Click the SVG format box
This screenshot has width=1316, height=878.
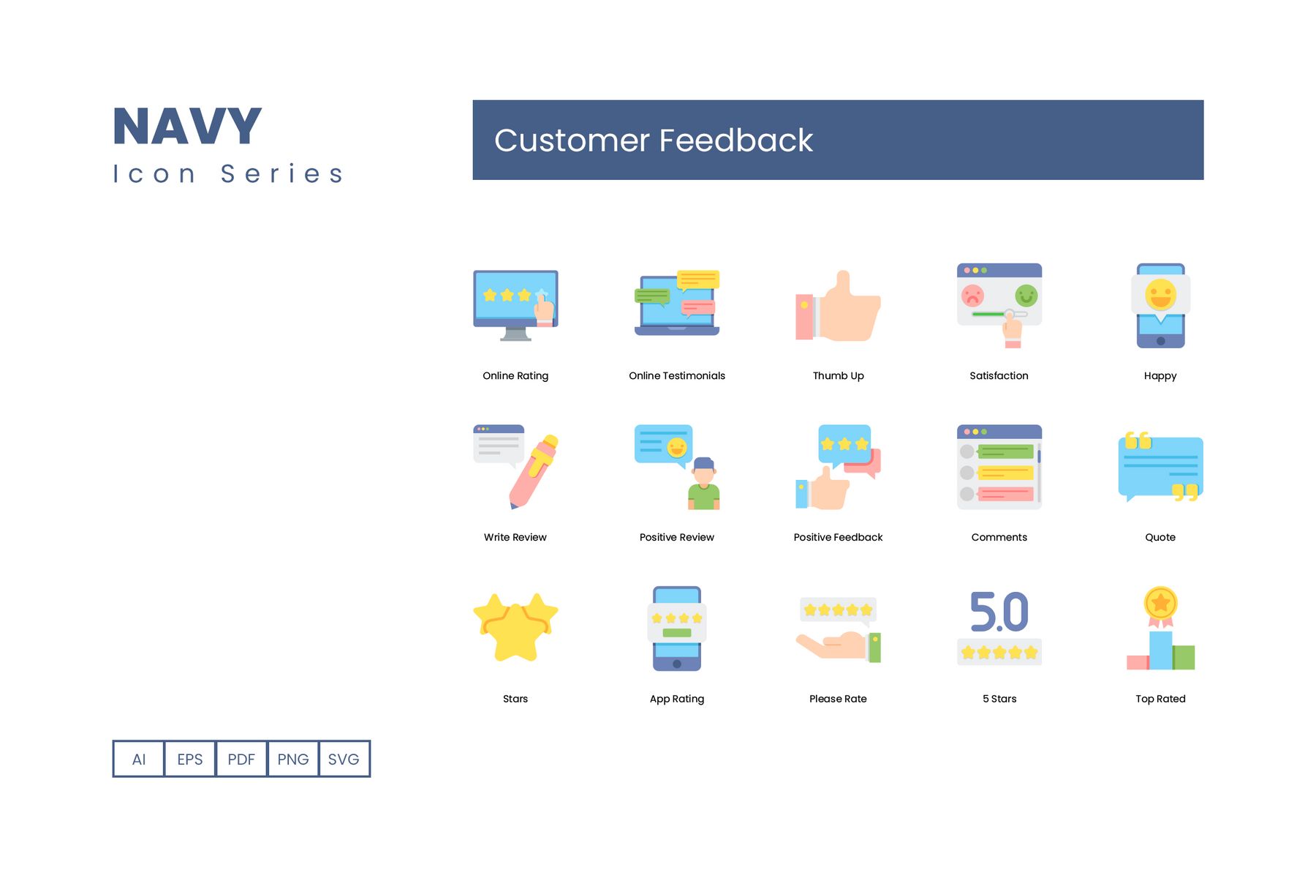[x=344, y=759]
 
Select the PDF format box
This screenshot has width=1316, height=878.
[x=241, y=759]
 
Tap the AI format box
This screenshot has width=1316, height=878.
[x=139, y=759]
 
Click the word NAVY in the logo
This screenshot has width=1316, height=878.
[x=187, y=127]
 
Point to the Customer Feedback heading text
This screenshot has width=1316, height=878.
[x=654, y=140]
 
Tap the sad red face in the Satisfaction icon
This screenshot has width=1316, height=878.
[x=972, y=296]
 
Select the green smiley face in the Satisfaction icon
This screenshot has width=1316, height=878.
[x=1026, y=296]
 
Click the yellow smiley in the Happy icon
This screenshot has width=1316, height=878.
[x=1160, y=295]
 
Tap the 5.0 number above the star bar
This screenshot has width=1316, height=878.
[x=999, y=612]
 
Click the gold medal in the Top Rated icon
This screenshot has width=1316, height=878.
[x=1160, y=604]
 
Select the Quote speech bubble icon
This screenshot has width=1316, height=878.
[x=1160, y=468]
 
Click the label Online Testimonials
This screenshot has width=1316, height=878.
[x=677, y=376]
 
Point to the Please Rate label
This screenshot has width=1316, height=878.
[x=838, y=699]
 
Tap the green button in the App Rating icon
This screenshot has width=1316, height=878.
[x=677, y=633]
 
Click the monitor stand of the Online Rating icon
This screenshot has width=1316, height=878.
[x=516, y=334]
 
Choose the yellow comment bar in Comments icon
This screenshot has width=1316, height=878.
[x=1006, y=473]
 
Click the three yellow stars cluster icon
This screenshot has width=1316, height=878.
[x=515, y=626]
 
